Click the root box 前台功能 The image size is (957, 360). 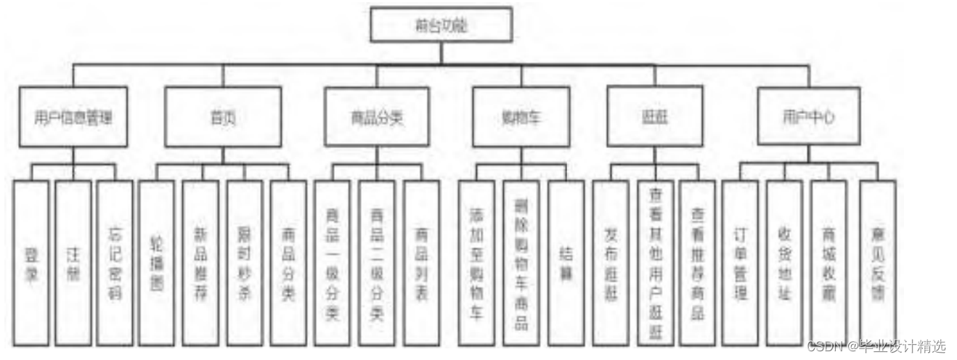tap(441, 25)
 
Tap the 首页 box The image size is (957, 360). tap(223, 117)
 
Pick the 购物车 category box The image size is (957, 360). tap(520, 117)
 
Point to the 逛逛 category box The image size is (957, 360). tap(654, 116)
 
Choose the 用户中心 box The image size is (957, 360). tap(808, 116)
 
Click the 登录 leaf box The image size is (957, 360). tap(30, 262)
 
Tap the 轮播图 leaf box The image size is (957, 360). tap(156, 262)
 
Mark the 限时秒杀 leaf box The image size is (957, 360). tap(244, 262)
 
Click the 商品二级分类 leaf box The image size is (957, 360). tap(377, 262)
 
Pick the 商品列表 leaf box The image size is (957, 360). tap(421, 262)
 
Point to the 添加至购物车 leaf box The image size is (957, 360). tap(476, 262)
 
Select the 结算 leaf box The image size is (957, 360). tap(566, 262)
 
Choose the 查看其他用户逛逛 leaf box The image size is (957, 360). tap(656, 262)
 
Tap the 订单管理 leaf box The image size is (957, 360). tap(740, 262)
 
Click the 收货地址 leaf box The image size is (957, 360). tap(784, 262)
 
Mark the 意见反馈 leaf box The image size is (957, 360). tap(878, 262)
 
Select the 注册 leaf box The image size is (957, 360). tap(73, 262)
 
